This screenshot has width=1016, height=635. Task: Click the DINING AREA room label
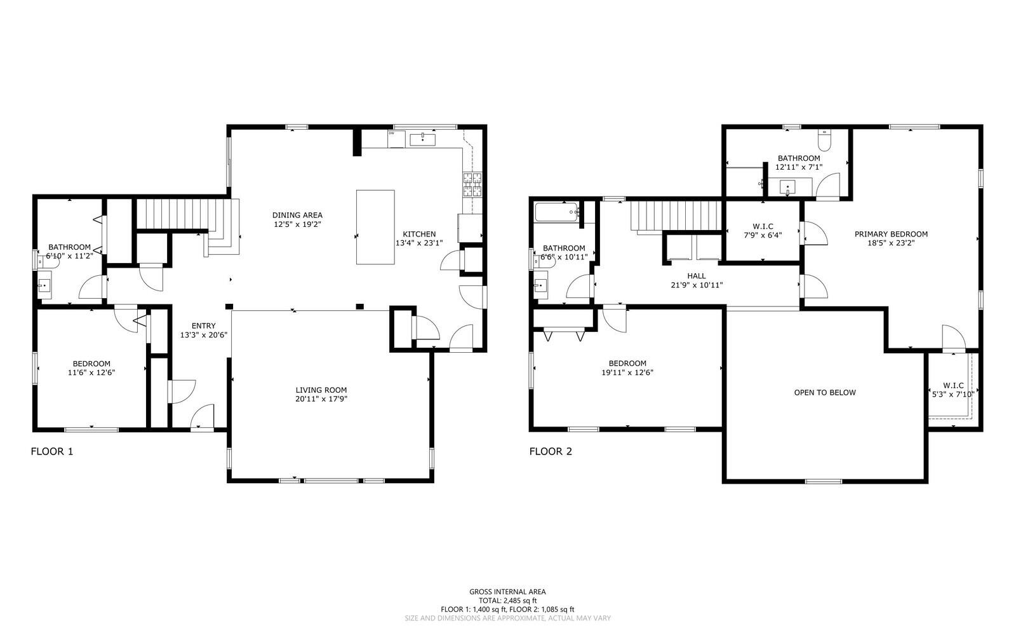pos(298,215)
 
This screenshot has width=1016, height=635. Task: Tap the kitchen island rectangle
pos(375,227)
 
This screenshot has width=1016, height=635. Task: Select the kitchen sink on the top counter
pos(422,139)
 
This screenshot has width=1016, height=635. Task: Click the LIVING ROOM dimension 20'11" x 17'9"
pos(321,399)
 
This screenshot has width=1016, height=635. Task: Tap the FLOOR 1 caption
pos(52,452)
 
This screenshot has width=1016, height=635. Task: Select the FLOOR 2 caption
pos(551,452)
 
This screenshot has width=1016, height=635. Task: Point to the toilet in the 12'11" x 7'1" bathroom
pos(824,139)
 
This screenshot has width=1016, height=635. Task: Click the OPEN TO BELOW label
pos(825,393)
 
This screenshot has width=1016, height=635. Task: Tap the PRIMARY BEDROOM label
pos(891,234)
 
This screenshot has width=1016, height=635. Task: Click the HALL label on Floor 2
pos(697,276)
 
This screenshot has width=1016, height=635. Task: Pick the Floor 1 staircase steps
pos(181,213)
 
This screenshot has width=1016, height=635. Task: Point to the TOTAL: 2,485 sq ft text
pos(507,600)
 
